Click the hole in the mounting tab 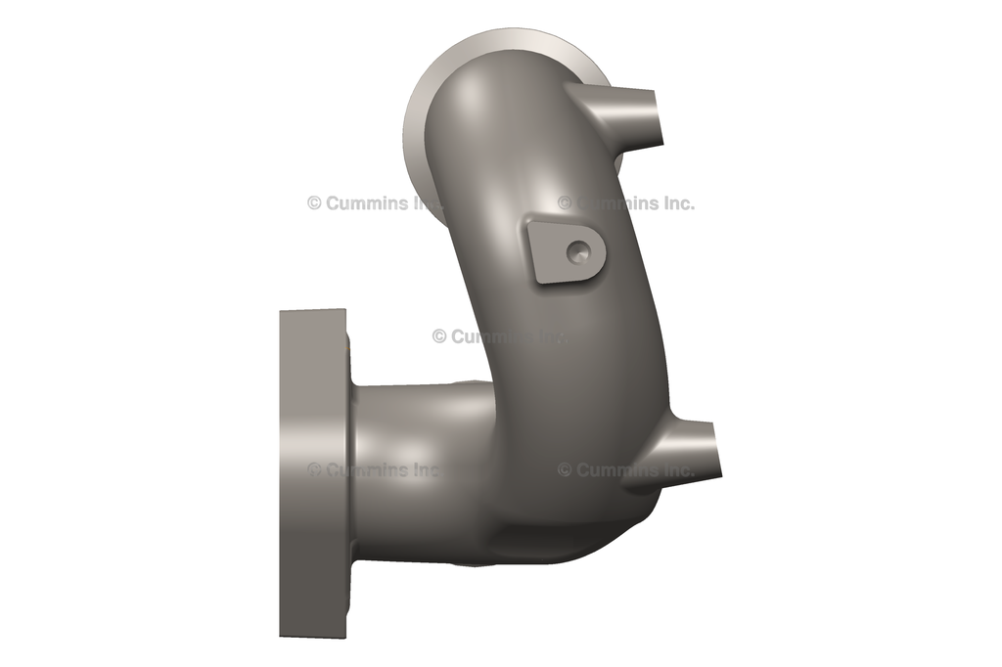click(576, 252)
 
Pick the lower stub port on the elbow click(690, 448)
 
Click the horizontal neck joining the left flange click(411, 460)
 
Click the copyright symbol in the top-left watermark click(314, 203)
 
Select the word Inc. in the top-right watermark click(674, 203)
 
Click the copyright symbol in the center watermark click(439, 336)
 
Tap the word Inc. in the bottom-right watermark click(674, 469)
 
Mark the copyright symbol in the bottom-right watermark click(565, 469)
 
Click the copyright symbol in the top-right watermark click(565, 203)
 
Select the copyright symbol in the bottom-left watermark click(314, 469)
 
